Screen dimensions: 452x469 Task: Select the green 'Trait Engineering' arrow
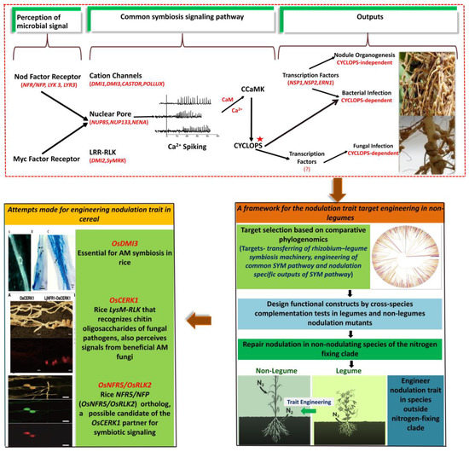point(350,398)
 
